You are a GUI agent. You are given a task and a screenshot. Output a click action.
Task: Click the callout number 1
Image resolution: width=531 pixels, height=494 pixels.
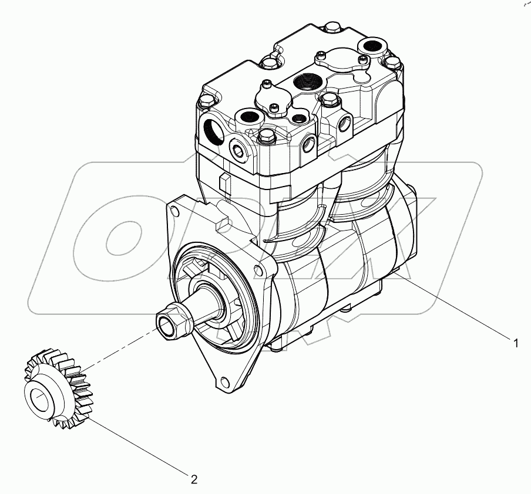coord(516,343)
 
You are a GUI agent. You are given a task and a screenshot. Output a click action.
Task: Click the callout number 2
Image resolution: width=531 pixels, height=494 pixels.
coord(194,479)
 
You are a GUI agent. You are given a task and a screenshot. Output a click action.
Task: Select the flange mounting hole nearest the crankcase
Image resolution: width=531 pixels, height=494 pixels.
coord(257,270)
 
